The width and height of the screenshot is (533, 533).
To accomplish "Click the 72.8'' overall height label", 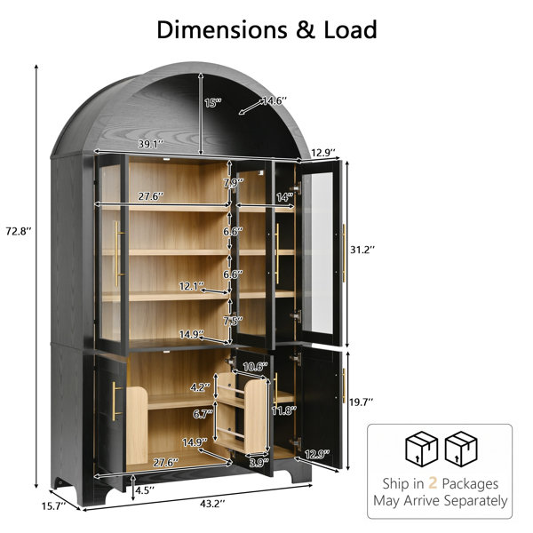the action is (x=19, y=232).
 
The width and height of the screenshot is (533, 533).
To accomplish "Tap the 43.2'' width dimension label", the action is (x=212, y=504).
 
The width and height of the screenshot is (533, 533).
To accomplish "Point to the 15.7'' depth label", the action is (x=53, y=506).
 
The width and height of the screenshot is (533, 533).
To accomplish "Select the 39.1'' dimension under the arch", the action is (x=151, y=144).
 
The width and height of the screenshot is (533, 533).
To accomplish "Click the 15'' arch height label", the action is (x=213, y=102).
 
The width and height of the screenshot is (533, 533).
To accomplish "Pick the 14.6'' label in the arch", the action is (x=274, y=100).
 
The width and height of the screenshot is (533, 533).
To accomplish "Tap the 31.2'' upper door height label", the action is (x=362, y=250).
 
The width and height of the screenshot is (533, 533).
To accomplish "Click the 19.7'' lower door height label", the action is (x=362, y=402).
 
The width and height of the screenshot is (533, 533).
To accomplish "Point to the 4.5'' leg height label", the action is (x=145, y=490).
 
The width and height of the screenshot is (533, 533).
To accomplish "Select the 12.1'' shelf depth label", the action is (x=192, y=286).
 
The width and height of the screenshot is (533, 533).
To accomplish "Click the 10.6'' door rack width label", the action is (x=256, y=366).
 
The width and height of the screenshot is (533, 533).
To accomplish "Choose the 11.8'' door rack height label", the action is (x=284, y=410).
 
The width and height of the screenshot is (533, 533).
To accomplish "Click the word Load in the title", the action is (x=350, y=29).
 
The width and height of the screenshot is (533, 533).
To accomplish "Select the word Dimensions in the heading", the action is (x=222, y=29).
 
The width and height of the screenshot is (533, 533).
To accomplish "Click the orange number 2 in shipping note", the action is (x=433, y=482).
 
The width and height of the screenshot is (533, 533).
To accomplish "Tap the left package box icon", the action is (x=421, y=449).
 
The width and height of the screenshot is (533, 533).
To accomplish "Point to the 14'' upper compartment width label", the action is (x=285, y=197).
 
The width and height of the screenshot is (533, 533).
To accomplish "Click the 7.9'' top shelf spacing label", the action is (x=233, y=183).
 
